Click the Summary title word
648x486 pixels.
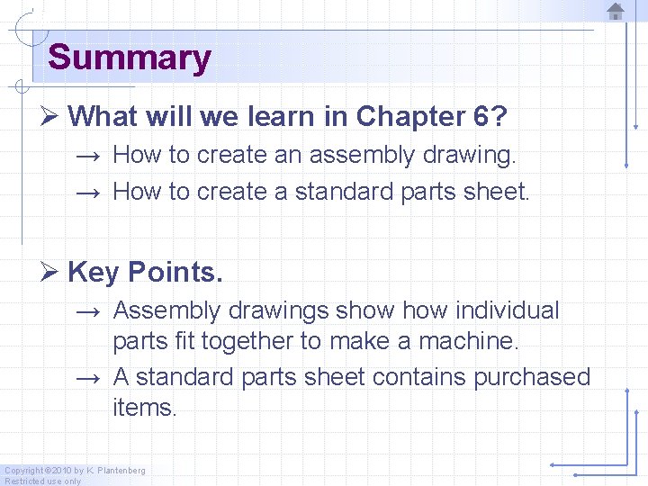129,58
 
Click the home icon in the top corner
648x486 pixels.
616,12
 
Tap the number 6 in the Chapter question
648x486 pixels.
481,116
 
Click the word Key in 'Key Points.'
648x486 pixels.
94,271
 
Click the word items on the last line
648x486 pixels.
145,407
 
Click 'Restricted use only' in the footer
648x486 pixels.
42,481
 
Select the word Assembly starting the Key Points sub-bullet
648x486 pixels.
167,310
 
